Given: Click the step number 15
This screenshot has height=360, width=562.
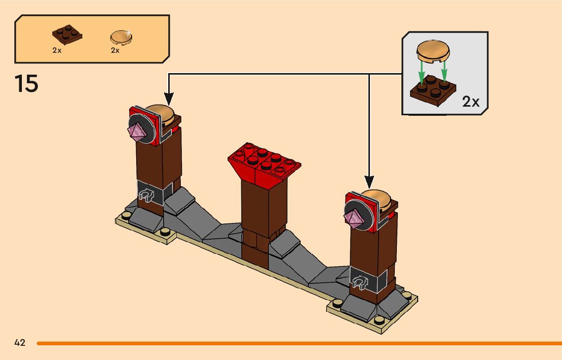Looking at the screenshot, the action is pos(26,84).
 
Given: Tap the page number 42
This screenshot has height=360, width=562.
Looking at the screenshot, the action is pos(20,343).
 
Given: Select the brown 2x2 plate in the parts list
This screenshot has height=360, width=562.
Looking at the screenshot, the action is pos(68,35).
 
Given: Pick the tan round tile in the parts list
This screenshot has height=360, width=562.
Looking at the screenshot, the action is pos(121,37).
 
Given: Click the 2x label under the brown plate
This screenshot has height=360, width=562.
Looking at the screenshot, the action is pos(57,50).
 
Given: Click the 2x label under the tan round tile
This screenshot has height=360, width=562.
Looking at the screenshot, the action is pos(115,50).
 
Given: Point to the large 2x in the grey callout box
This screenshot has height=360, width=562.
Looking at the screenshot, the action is pos(471,102).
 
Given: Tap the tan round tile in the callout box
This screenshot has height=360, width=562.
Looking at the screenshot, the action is pos(433,51).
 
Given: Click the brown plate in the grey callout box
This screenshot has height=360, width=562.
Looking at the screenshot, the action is pos(433,91).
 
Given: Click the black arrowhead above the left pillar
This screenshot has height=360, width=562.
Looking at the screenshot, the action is pos(169,99).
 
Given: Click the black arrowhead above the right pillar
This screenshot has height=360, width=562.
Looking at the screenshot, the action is pos(369,182).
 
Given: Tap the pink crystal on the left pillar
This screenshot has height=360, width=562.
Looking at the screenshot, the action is pos(137,132).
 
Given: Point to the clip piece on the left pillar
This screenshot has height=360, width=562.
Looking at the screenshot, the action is pos(146,195).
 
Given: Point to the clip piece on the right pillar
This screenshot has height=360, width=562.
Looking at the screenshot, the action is pos(360,282).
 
